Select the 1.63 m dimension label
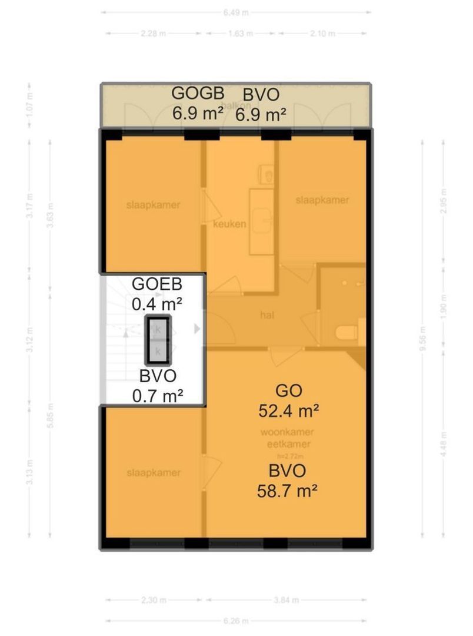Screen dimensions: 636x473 (x=239, y=34)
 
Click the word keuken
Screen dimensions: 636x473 (x=229, y=224)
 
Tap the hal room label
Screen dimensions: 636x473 (x=268, y=315)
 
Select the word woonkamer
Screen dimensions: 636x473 (x=286, y=433)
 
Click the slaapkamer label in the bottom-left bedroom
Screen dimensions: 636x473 (x=154, y=473)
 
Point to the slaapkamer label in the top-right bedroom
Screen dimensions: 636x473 (x=322, y=200)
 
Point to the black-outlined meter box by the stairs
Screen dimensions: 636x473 (x=158, y=340)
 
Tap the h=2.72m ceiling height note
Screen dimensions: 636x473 (x=287, y=456)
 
